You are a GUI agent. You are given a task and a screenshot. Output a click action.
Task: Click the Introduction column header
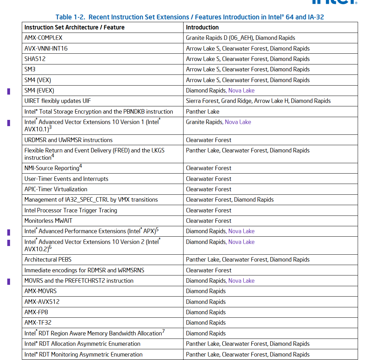point(202,27)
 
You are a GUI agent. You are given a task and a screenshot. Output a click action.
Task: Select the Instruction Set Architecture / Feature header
point(74,27)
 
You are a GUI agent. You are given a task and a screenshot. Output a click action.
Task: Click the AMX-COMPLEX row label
point(43,38)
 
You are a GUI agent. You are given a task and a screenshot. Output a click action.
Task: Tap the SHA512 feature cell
point(35,59)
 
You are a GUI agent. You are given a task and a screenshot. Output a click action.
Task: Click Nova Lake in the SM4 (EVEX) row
point(241,90)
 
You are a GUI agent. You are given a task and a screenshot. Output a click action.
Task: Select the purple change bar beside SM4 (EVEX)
point(9,91)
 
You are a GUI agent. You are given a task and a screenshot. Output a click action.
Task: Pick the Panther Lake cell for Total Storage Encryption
point(203,112)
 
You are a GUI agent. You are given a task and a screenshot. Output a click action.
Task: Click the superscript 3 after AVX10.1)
point(50,128)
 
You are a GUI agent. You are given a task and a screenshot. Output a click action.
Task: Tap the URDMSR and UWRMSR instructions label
point(69,140)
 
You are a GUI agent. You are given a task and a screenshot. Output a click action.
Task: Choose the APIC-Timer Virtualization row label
point(56,189)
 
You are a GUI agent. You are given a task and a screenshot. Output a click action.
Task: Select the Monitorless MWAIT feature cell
point(48,221)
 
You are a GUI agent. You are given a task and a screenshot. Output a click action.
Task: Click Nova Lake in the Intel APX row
point(241,231)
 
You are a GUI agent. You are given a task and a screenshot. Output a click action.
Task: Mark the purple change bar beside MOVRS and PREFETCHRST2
point(9,282)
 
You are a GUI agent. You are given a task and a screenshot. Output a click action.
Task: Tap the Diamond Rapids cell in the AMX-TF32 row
point(206,323)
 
